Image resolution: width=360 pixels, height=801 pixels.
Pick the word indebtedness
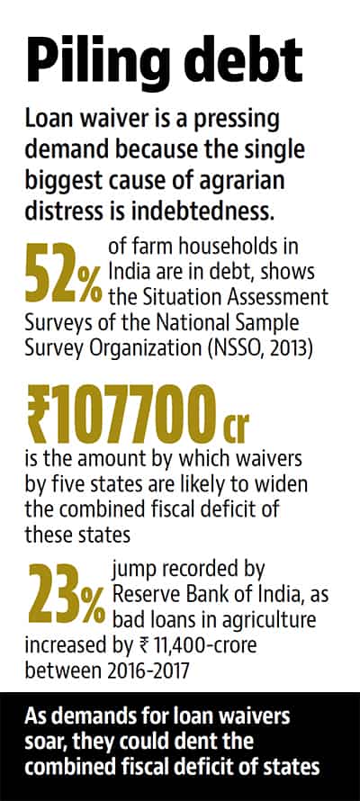click(208, 211)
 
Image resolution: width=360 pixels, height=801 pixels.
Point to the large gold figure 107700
click(137, 414)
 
